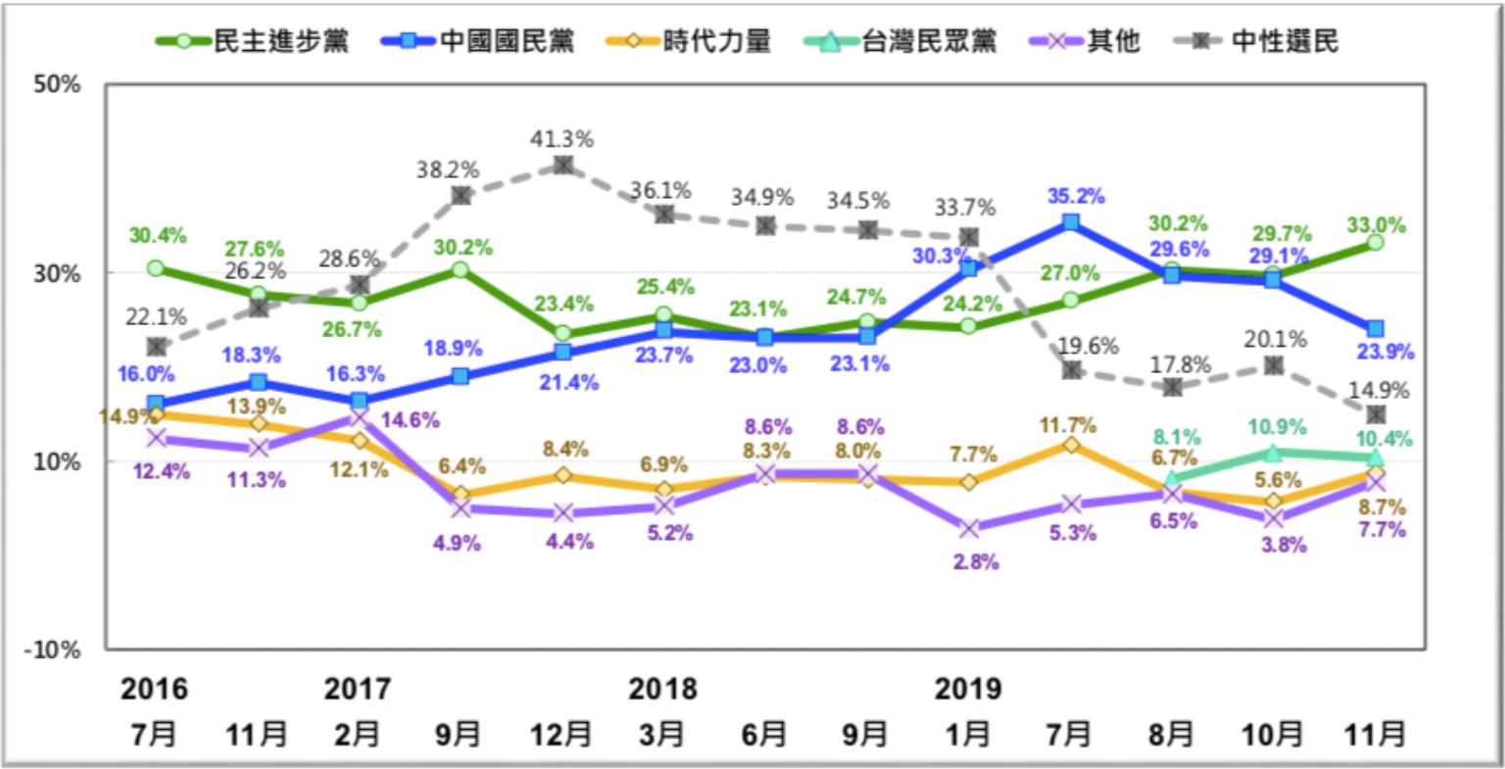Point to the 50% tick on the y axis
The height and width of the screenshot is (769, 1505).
pos(57,84)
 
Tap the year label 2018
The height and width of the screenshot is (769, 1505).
pos(662,689)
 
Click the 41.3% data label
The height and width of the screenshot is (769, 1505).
pos(560,139)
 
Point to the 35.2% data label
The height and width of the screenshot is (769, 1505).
pos(1075,196)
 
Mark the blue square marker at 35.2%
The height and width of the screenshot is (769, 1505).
pos(1071,223)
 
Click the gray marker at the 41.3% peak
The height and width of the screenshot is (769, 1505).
pos(561,165)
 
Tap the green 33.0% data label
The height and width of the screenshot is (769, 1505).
pos(1377,224)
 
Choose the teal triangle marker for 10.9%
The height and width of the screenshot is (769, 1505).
pos(1274,453)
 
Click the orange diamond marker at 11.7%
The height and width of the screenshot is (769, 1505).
pos(1071,445)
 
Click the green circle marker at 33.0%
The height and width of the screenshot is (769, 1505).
pos(1375,242)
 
